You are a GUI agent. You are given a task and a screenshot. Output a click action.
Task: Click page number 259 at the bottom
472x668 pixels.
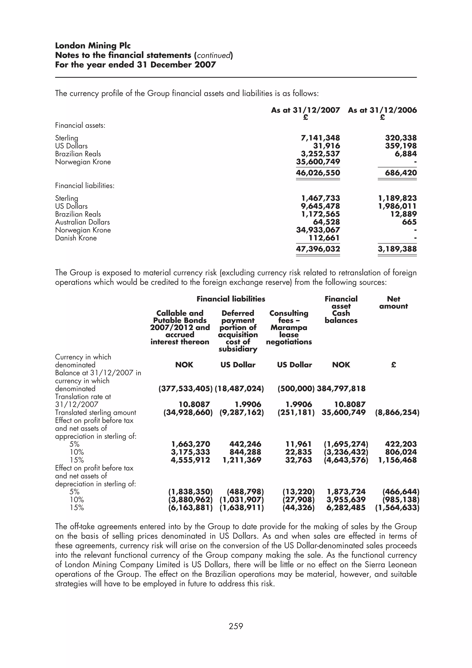tap(236, 626)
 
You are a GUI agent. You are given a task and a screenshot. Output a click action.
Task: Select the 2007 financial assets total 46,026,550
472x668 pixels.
tap(318, 173)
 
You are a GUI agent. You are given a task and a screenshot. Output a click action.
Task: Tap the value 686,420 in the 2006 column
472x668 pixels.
tap(401, 173)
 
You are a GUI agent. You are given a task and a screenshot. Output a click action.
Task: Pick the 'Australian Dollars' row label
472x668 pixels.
tap(83, 222)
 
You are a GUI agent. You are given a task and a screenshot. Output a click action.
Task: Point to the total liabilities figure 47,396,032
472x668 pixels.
tap(318, 249)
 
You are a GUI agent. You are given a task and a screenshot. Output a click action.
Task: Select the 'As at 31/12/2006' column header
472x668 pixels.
tap(382, 110)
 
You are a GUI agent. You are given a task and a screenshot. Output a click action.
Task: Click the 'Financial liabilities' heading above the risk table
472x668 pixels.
tap(231, 299)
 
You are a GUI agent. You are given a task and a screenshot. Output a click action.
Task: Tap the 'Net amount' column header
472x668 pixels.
tap(393, 303)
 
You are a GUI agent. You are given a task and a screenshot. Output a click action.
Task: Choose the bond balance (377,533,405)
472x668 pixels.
tap(186, 389)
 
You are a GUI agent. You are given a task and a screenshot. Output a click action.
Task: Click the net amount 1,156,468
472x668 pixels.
tap(397, 460)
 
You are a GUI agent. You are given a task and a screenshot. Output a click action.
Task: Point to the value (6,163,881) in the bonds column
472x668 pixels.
tap(191, 508)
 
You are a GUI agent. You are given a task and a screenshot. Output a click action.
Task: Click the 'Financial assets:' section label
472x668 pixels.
tap(80, 126)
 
